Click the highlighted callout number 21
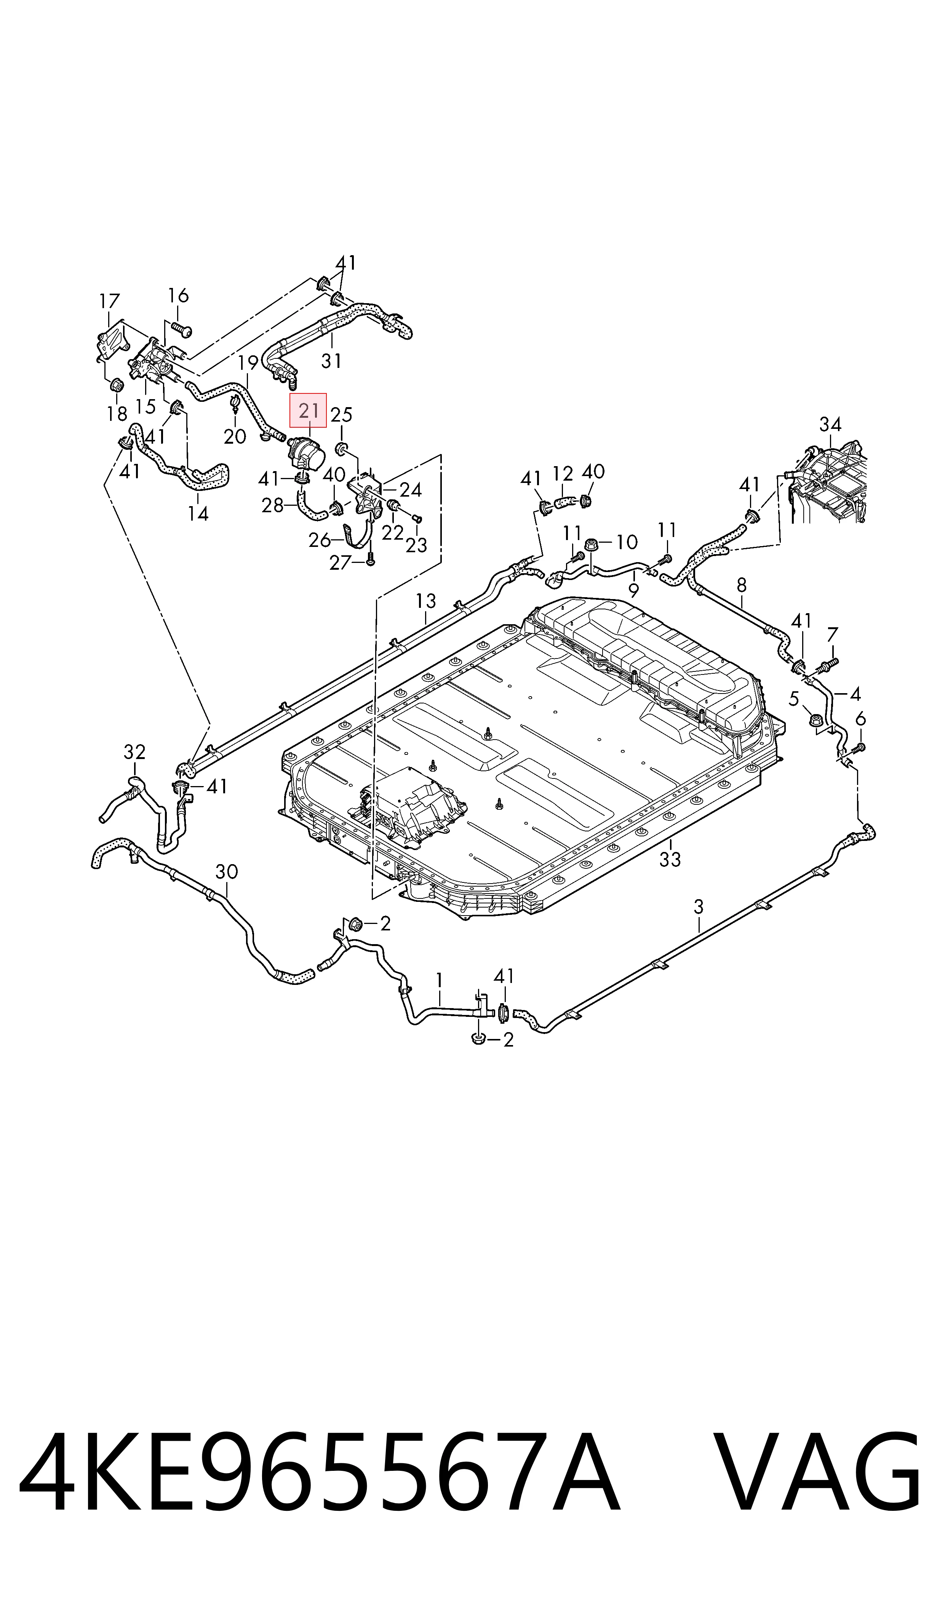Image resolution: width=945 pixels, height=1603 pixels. coord(308,411)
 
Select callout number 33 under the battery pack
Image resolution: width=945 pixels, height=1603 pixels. coord(670,860)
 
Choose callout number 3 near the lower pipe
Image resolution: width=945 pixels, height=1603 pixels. coord(699,906)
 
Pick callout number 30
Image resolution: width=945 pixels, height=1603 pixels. coord(227,871)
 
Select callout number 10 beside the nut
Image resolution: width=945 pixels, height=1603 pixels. coord(627,542)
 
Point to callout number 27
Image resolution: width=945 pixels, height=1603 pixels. coord(341,562)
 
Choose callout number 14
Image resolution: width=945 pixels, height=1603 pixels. coord(198,513)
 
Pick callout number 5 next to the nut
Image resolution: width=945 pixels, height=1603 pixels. coord(793,698)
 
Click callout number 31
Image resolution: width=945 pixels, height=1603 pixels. coord(331,361)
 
